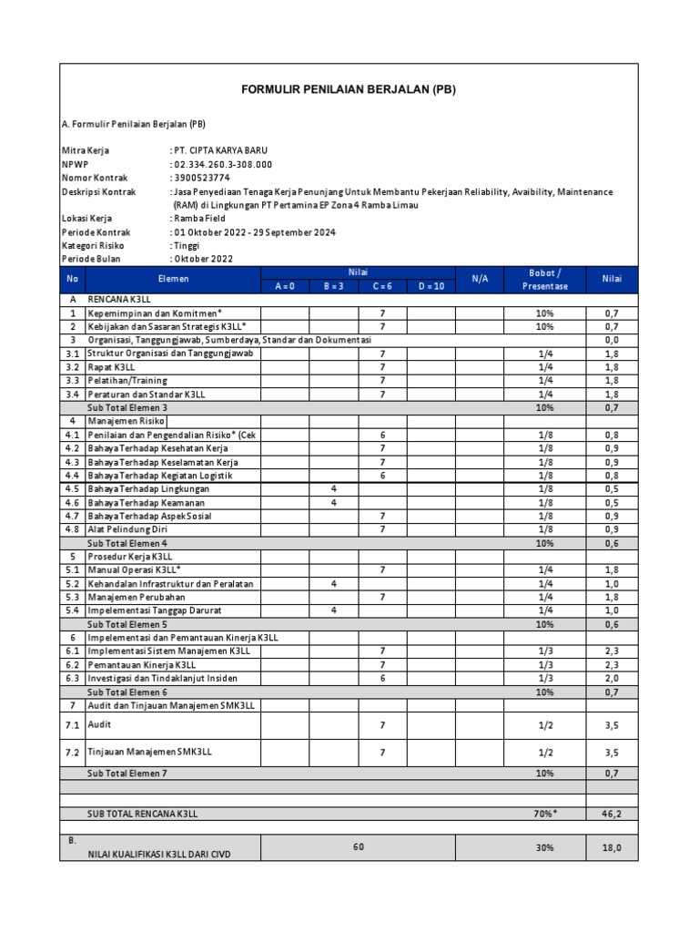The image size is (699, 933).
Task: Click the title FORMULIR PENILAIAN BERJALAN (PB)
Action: click(348, 89)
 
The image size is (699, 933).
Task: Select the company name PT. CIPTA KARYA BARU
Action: click(221, 149)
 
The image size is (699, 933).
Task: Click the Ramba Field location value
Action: click(200, 219)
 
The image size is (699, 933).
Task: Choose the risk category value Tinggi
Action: click(189, 246)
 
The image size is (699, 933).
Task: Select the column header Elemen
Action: click(172, 279)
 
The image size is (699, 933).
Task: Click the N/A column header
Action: click(480, 279)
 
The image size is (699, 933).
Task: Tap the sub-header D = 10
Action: click(431, 286)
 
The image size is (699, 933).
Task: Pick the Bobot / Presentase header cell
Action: click(544, 279)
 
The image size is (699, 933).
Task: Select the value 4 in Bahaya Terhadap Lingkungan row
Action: click(334, 489)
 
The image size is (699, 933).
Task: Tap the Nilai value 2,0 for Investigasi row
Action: click(612, 679)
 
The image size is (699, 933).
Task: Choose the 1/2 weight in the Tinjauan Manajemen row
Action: click(544, 753)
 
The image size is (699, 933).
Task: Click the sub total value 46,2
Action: click(612, 813)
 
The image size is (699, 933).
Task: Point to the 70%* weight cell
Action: click(544, 813)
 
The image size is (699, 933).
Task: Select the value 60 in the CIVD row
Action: click(358, 847)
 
